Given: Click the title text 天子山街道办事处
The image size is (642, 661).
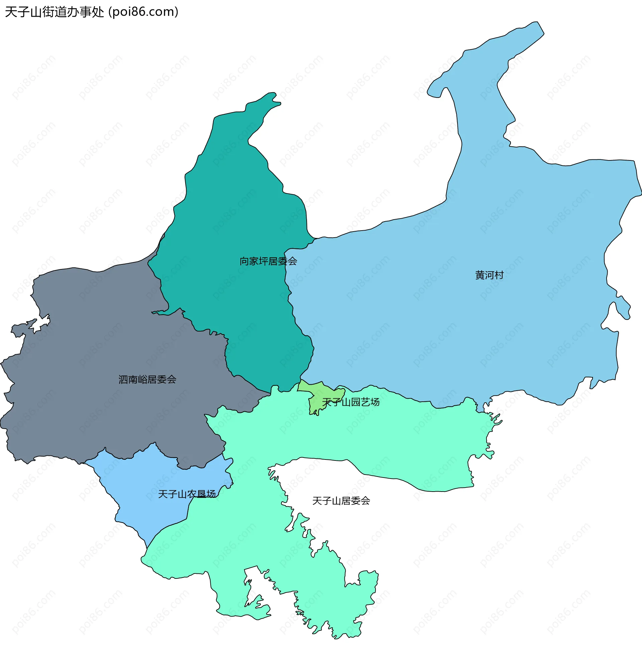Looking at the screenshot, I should (x=54, y=12).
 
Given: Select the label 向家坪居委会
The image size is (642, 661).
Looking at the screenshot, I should (x=268, y=261).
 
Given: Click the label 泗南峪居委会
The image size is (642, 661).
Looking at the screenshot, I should (x=147, y=380).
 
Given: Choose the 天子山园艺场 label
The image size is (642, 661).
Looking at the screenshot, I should (x=351, y=402).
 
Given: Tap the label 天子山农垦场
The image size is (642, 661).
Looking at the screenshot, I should (x=187, y=494).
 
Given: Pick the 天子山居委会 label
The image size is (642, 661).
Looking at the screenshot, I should (x=341, y=501).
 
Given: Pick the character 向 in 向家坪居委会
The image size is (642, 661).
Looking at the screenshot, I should (x=244, y=261).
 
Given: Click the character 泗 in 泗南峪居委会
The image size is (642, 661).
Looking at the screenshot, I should (x=123, y=380).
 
